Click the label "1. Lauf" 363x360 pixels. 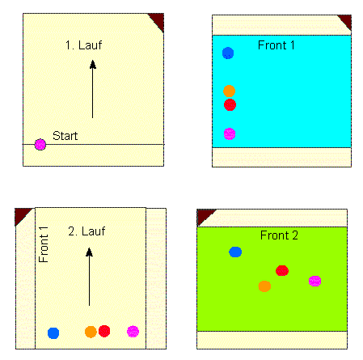click(x=83, y=45)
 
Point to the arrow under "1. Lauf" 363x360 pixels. click(x=93, y=89)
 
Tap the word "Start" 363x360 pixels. click(x=65, y=136)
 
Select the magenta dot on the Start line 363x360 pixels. click(x=40, y=145)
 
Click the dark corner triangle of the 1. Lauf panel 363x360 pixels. click(x=158, y=20)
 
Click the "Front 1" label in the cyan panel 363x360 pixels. click(x=276, y=45)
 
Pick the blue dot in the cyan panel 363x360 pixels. click(x=228, y=53)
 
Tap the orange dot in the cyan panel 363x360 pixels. click(x=229, y=91)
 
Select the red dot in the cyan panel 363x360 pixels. click(x=230, y=104)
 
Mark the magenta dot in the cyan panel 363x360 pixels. click(x=230, y=133)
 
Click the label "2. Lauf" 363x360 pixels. click(x=87, y=231)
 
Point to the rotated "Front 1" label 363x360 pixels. click(x=44, y=244)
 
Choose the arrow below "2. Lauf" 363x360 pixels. click(x=89, y=277)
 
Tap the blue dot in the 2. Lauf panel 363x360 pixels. click(x=53, y=333)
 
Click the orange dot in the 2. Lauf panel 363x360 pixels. click(x=91, y=332)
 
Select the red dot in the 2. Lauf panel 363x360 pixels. click(x=104, y=331)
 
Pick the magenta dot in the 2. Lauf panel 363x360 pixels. click(x=133, y=332)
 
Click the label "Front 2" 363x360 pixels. click(x=279, y=235)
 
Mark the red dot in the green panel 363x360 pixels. click(x=282, y=271)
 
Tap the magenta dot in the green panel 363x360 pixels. click(x=314, y=281)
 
